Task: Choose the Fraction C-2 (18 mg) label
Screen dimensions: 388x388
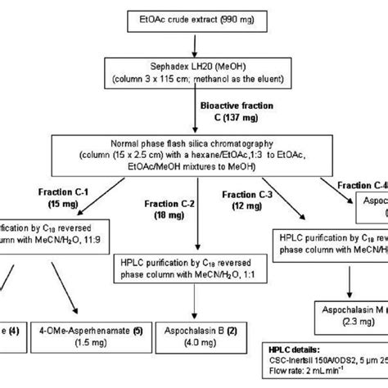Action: point(161,207)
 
